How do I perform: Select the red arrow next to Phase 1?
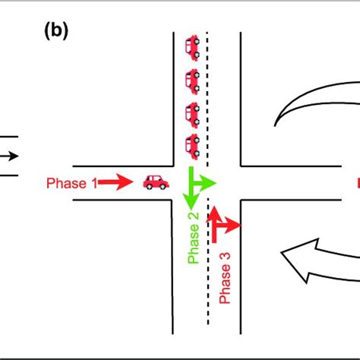click(x=113, y=182)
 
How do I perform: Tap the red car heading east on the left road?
click(x=156, y=182)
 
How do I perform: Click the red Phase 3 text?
click(x=224, y=276)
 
